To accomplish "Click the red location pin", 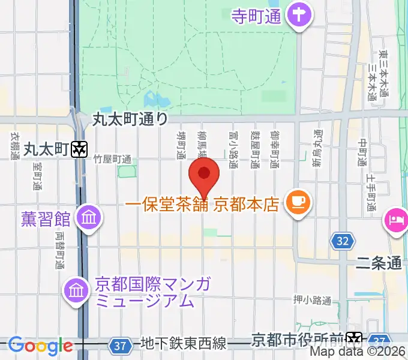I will click(x=204, y=175).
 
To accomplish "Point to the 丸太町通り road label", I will click(x=130, y=119).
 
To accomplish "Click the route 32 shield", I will click(x=341, y=241).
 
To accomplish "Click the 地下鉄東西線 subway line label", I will click(x=183, y=344).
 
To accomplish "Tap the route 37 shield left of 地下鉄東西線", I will click(x=121, y=345).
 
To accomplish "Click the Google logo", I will click(x=40, y=346).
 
